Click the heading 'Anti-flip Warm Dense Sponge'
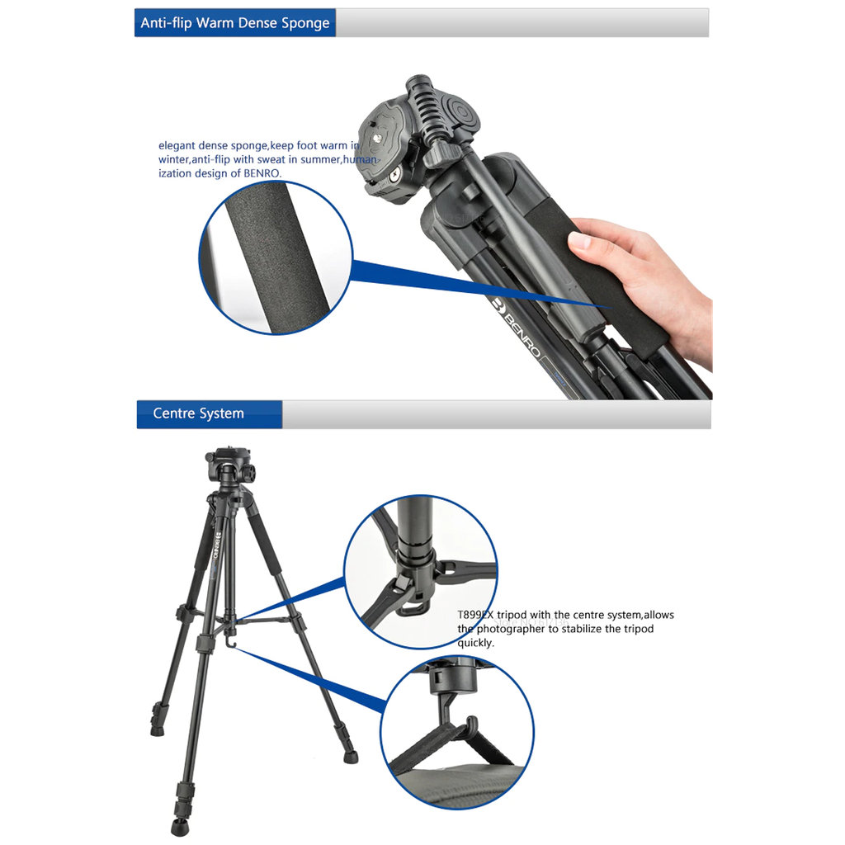tap(234, 23)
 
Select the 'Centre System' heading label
tap(199, 413)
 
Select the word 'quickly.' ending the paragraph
tap(476, 643)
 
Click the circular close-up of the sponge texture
tap(276, 257)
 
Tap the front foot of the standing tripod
tap(180, 826)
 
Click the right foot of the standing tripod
tap(350, 753)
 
